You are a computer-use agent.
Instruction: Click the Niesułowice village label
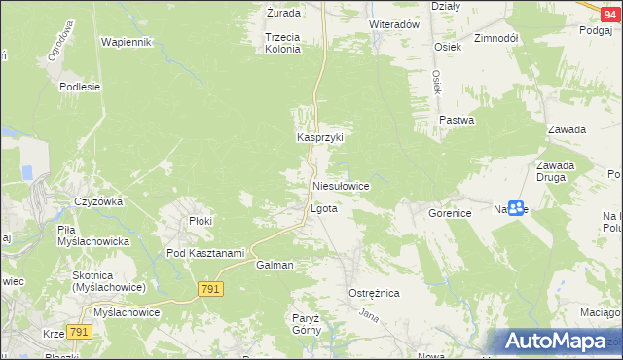pyautogui.click(x=340, y=185)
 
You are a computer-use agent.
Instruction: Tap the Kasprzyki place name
pyautogui.click(x=320, y=138)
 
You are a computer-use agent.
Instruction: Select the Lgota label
pyautogui.click(x=323, y=209)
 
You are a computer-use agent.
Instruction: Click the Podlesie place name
pyautogui.click(x=80, y=86)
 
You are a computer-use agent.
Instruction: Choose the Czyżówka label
pyautogui.click(x=98, y=202)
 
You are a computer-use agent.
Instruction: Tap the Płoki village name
pyautogui.click(x=201, y=221)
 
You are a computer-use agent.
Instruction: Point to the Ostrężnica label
pyautogui.click(x=375, y=293)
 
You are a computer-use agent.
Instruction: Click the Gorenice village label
pyautogui.click(x=449, y=211)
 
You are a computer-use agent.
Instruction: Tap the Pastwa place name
pyautogui.click(x=456, y=121)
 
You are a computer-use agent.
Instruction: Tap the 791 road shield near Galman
pyautogui.click(x=211, y=289)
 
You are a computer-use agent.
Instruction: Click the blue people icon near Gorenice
pyautogui.click(x=516, y=208)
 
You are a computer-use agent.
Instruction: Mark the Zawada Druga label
pyautogui.click(x=555, y=171)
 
